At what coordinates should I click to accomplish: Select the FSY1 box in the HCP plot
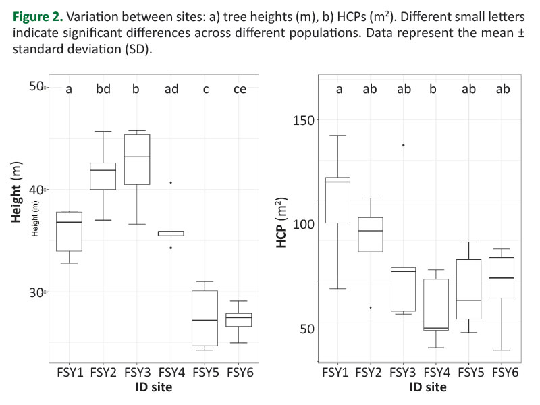337,200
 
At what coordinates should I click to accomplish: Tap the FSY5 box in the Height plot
205,318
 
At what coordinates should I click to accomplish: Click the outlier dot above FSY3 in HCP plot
404,145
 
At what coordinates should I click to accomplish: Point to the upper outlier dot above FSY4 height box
171,182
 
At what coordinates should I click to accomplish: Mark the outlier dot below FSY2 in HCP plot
370,308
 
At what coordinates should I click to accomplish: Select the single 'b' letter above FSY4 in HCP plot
436,88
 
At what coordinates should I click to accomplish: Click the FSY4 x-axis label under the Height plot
171,372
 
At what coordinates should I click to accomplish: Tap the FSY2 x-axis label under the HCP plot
370,372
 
